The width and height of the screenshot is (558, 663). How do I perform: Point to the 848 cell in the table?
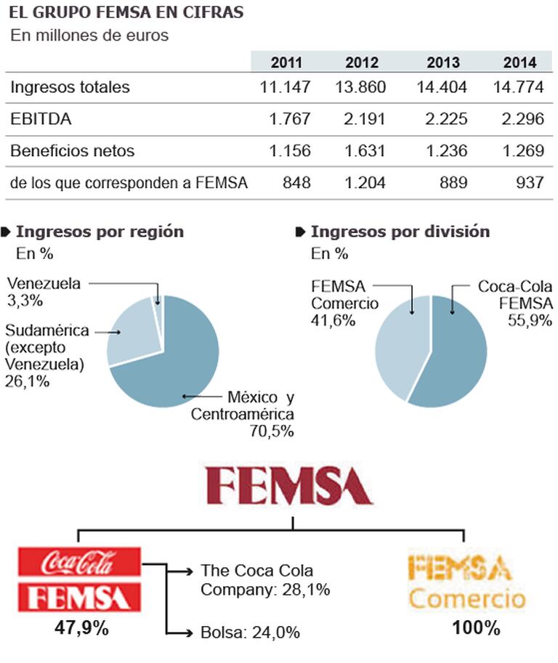[296, 183]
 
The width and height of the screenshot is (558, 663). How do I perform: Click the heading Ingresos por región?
[100, 232]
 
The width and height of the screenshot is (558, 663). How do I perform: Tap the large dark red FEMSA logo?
[289, 485]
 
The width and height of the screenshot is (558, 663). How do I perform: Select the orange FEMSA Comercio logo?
[466, 582]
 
